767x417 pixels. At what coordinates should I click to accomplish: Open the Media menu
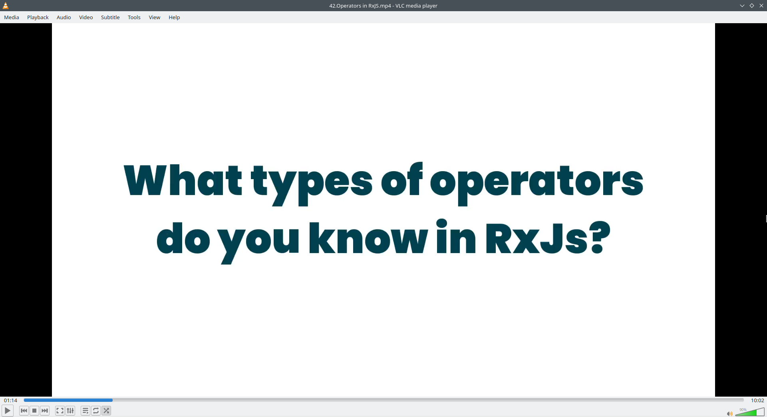click(x=12, y=17)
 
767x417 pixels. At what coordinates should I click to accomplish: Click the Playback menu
click(x=38, y=17)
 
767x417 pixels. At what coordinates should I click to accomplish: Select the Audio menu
click(x=64, y=17)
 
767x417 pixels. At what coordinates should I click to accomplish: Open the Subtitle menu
click(x=110, y=17)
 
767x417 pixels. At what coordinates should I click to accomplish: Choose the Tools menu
click(x=134, y=17)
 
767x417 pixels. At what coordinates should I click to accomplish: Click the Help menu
click(x=174, y=17)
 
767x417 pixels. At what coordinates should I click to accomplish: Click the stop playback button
click(x=34, y=411)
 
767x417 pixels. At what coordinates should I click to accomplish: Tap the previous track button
click(x=24, y=411)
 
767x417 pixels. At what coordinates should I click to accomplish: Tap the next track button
click(x=45, y=411)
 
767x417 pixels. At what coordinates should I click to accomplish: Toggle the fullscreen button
click(x=60, y=411)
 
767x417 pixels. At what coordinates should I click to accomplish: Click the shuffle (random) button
click(x=106, y=411)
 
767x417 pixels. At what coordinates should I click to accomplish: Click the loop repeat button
click(x=96, y=411)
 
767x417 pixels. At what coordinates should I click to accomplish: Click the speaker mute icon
click(x=729, y=414)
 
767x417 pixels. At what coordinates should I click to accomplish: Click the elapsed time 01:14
click(x=11, y=400)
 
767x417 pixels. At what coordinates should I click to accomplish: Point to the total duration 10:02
click(x=757, y=400)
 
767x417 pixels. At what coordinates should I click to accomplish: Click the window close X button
click(x=761, y=6)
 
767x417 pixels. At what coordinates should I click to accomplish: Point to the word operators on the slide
click(x=537, y=184)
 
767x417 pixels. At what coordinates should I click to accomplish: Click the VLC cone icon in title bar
click(x=6, y=6)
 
